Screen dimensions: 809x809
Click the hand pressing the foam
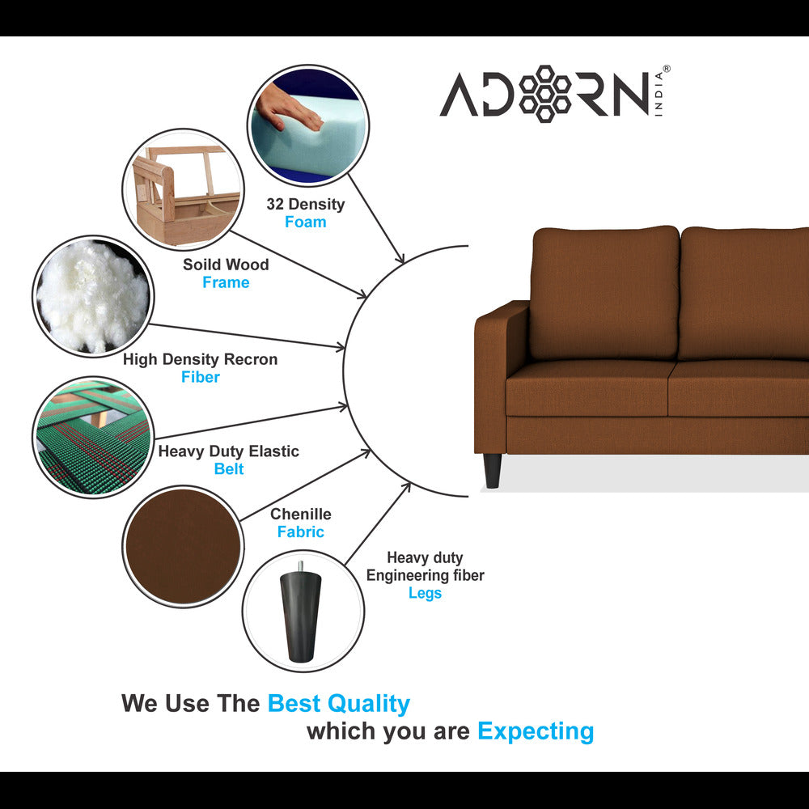click(288, 109)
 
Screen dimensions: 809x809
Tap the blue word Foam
click(306, 222)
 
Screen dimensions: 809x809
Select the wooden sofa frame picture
click(183, 189)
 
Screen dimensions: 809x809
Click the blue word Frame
click(226, 282)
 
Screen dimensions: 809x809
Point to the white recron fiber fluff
click(92, 296)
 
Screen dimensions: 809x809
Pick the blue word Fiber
click(200, 377)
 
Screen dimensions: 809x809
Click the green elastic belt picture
click(93, 437)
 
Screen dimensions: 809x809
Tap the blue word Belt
click(229, 468)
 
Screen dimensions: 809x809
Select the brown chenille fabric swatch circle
click(183, 546)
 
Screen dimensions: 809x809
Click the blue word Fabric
click(301, 532)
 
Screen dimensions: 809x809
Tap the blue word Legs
click(426, 593)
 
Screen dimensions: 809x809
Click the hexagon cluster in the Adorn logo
click(544, 94)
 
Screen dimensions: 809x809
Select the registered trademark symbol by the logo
click(666, 69)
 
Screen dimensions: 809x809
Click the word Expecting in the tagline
click(536, 731)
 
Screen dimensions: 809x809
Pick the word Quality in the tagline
click(368, 704)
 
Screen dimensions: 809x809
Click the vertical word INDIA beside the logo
click(659, 95)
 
